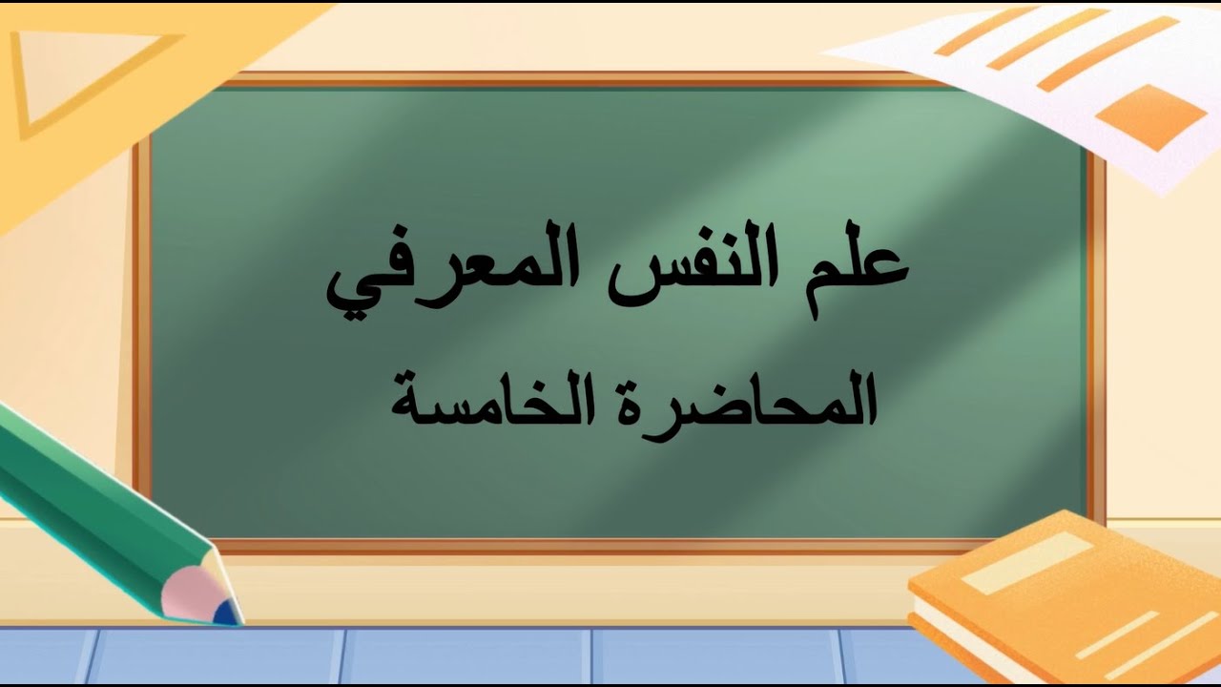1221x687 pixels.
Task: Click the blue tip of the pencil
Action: (x=227, y=614)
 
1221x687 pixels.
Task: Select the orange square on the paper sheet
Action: (x=1150, y=116)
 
